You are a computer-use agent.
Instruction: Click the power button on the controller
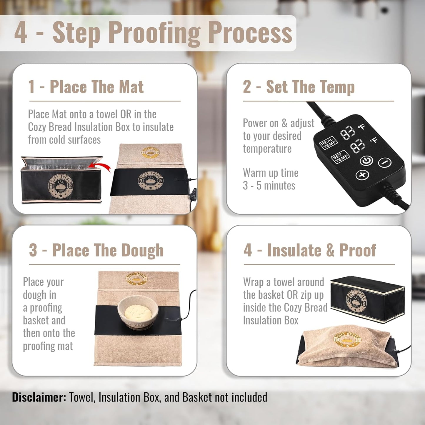pos(366,161)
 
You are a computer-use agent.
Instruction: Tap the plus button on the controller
pos(362,175)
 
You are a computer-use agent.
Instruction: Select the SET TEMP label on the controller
pos(340,157)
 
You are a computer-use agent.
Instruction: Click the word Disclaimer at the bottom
pos(39,397)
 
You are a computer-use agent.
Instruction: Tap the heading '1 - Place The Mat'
pos(86,87)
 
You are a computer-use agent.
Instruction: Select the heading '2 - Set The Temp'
pos(299,87)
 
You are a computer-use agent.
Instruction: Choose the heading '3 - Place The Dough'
pos(96,250)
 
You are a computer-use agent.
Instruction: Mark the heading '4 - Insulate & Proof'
pos(309,250)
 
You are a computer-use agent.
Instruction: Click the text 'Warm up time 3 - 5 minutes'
pos(270,179)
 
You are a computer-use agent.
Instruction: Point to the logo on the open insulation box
pos(61,186)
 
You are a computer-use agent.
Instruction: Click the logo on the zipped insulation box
pos(356,301)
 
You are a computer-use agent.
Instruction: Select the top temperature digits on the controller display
pos(348,132)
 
